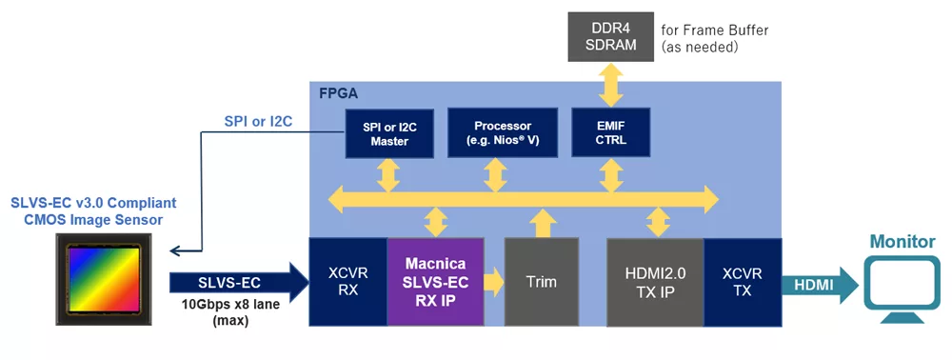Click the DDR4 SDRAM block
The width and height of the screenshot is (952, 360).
(611, 36)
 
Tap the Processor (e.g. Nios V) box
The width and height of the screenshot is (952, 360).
(502, 133)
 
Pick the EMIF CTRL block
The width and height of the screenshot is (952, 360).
(611, 133)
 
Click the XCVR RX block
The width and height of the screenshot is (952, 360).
(348, 282)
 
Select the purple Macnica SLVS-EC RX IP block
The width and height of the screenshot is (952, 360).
(435, 282)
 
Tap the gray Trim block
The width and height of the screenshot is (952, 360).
(542, 282)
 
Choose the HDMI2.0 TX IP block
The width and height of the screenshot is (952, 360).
(656, 282)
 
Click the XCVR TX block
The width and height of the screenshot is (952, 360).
(743, 282)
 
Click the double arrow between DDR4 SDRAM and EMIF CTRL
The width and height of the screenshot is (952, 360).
(611, 86)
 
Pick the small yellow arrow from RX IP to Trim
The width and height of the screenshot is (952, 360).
(494, 282)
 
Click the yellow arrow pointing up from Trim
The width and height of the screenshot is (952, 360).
(542, 223)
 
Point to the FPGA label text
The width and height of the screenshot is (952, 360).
(339, 93)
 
